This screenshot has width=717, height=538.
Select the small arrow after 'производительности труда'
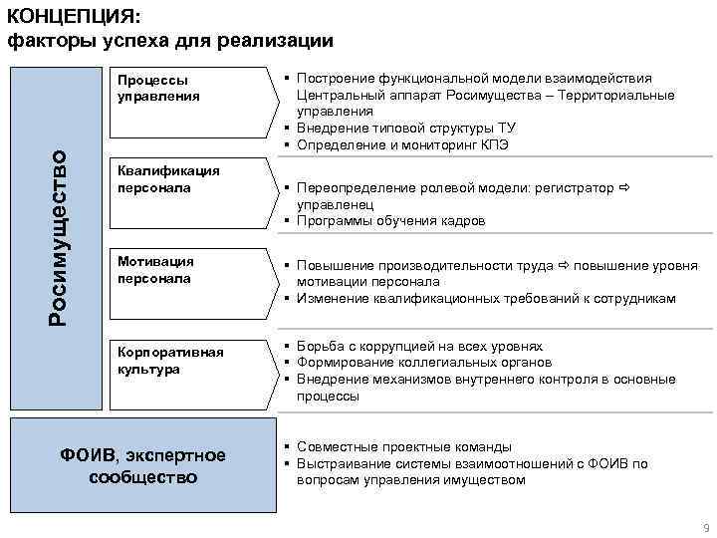click(562, 265)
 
